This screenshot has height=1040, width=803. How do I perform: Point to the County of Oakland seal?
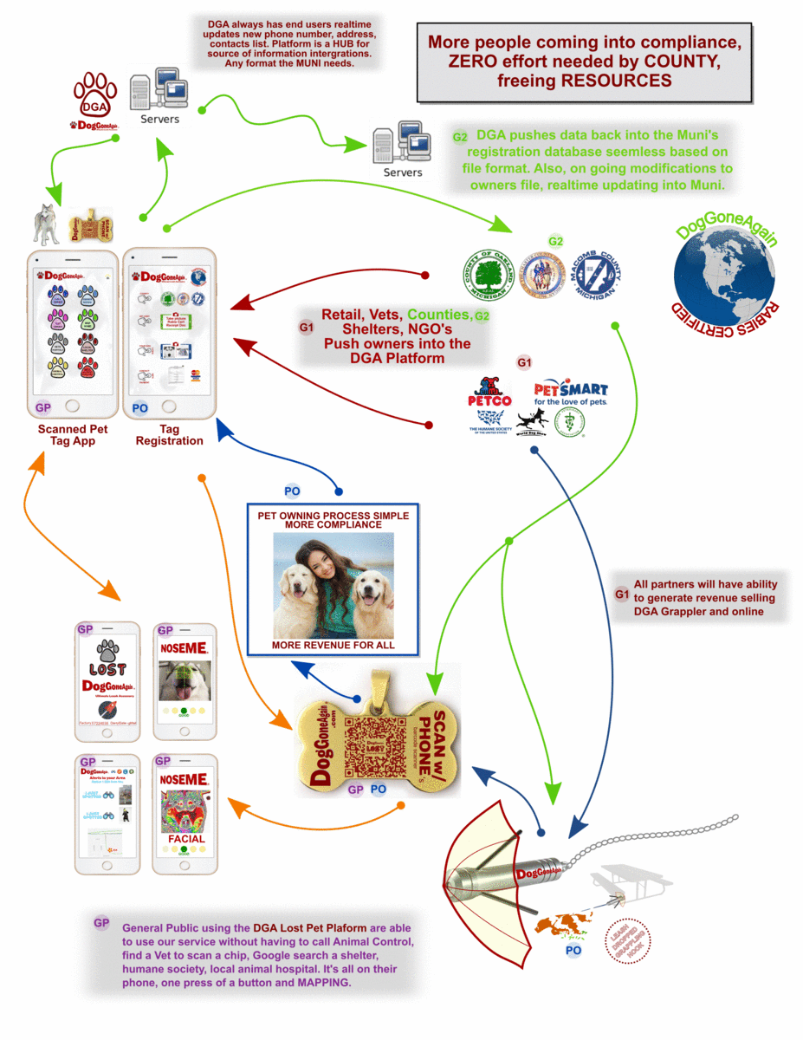coord(488,275)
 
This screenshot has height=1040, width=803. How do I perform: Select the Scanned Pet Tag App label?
coord(73,435)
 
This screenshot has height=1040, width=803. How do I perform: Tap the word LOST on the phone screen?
coord(108,669)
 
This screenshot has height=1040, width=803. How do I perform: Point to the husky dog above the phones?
coord(46,224)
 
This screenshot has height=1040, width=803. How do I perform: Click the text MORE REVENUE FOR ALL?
coord(334,646)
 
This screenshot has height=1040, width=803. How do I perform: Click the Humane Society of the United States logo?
coord(489,422)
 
